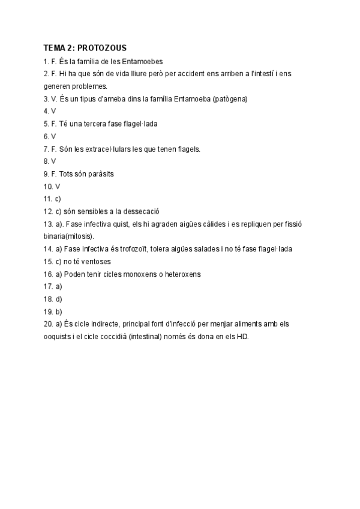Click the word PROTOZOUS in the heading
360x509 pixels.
coord(103,47)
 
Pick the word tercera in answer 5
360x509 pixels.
coord(106,124)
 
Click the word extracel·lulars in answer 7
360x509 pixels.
coord(118,149)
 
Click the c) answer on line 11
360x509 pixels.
coord(58,199)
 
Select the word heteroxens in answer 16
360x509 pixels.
coord(181,274)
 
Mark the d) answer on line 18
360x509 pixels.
coord(58,299)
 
